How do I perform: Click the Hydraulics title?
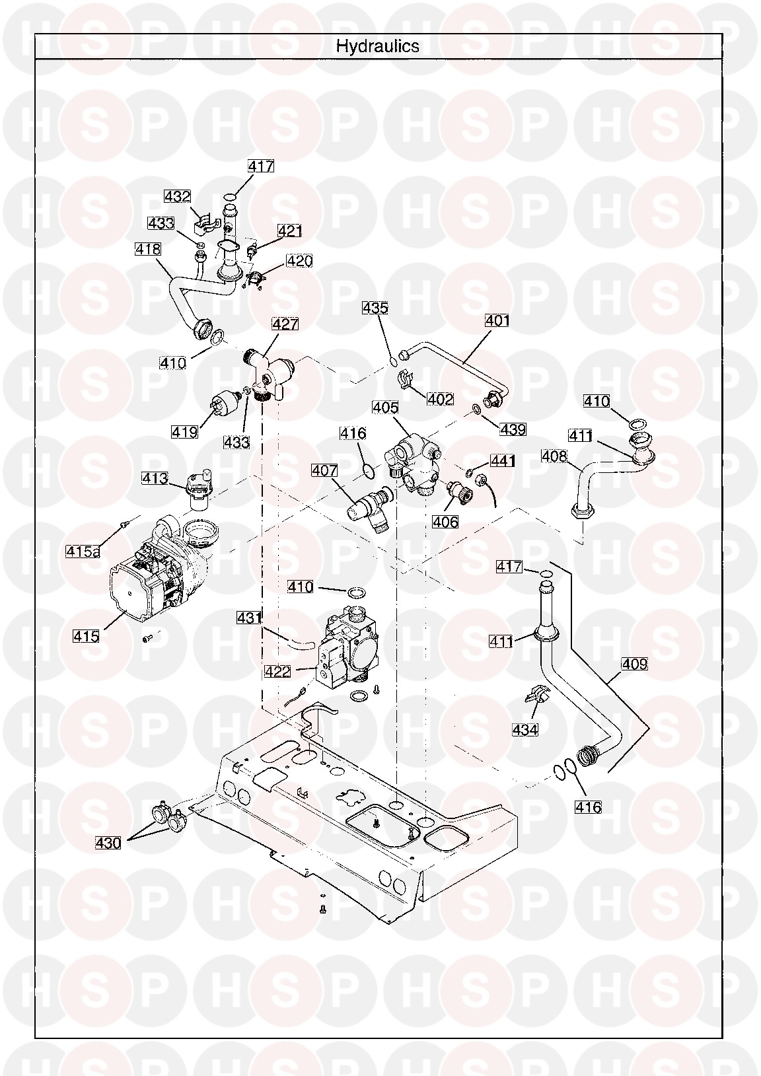coord(377,46)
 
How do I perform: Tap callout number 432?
coord(178,196)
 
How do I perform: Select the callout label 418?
coord(147,249)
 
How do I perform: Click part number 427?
coord(285,324)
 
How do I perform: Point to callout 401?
coord(497,320)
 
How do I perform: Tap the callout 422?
coord(277,671)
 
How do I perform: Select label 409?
coord(634,664)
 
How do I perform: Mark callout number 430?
coord(108,843)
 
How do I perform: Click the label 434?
coord(525,729)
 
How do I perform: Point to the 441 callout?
coord(503,460)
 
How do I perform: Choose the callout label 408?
coord(554,456)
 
